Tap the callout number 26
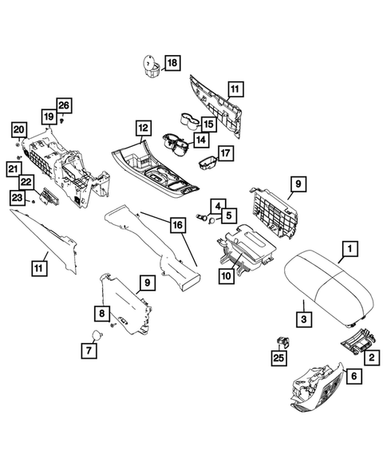point(64,106)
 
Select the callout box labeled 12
point(142,127)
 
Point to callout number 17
point(225,154)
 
